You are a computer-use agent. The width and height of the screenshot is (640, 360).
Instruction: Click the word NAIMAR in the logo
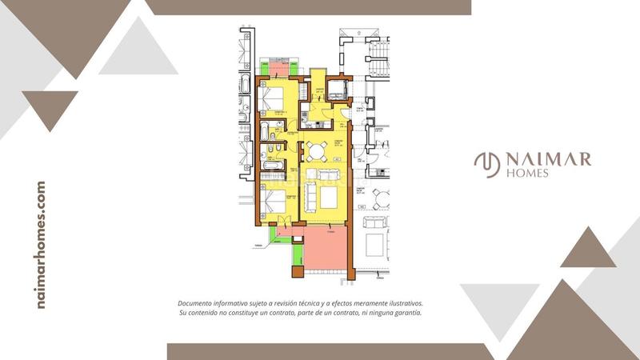[x=548, y=158]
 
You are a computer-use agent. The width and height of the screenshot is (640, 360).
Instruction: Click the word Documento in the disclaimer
[x=198, y=304]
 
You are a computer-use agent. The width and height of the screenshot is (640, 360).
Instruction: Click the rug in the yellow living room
[x=327, y=197]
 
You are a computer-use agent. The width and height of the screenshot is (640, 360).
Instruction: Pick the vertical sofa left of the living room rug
[x=308, y=195]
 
